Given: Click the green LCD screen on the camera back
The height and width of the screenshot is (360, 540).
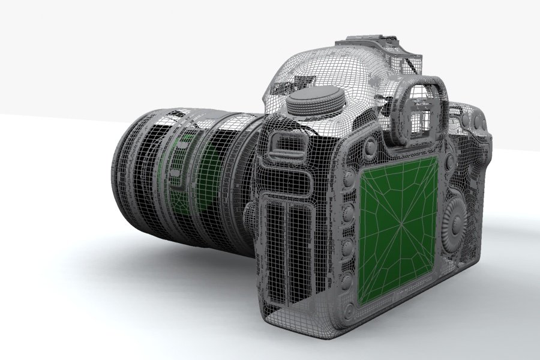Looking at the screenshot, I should coord(400,231).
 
